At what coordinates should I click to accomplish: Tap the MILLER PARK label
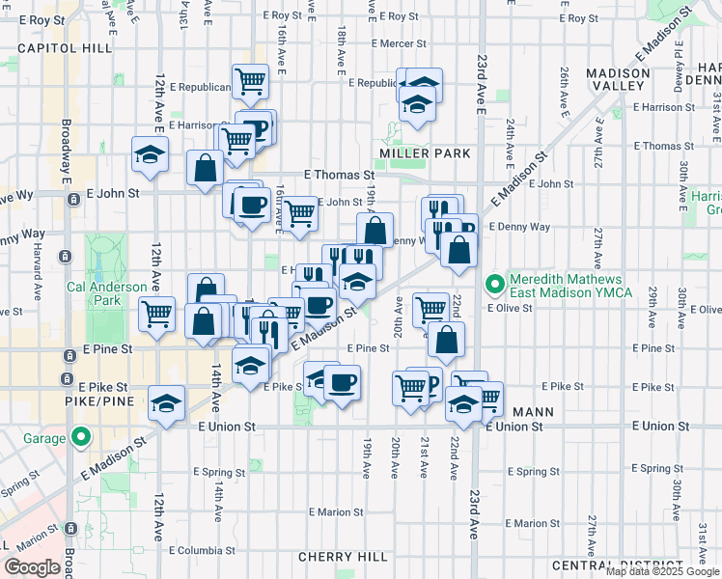[x=425, y=153]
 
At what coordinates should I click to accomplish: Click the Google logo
[x=32, y=566]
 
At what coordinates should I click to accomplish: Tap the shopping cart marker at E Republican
[x=250, y=81]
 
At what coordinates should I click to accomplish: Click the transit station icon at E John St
[x=74, y=199]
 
